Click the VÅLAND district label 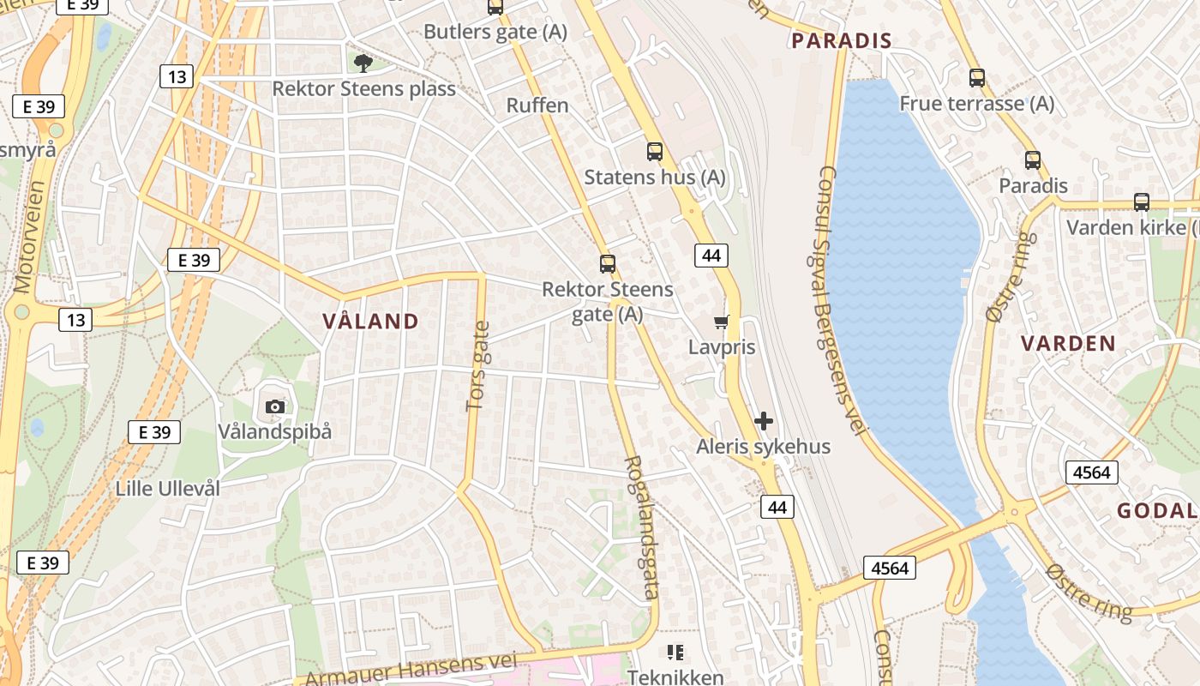point(370,322)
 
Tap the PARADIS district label point(841,40)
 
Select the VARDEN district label point(1068,344)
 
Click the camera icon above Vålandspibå point(274,406)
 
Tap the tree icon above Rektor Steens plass point(363,63)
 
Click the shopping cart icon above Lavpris point(722,322)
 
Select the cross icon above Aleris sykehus point(763,421)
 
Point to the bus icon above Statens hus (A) point(655,152)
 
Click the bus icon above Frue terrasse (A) point(976,78)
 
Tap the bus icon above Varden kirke point(1141,202)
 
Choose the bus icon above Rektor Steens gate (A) point(607,264)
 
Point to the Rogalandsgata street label point(642,527)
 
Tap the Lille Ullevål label point(168,489)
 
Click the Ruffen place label point(537,105)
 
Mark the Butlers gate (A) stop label point(495,33)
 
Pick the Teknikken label point(675,677)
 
